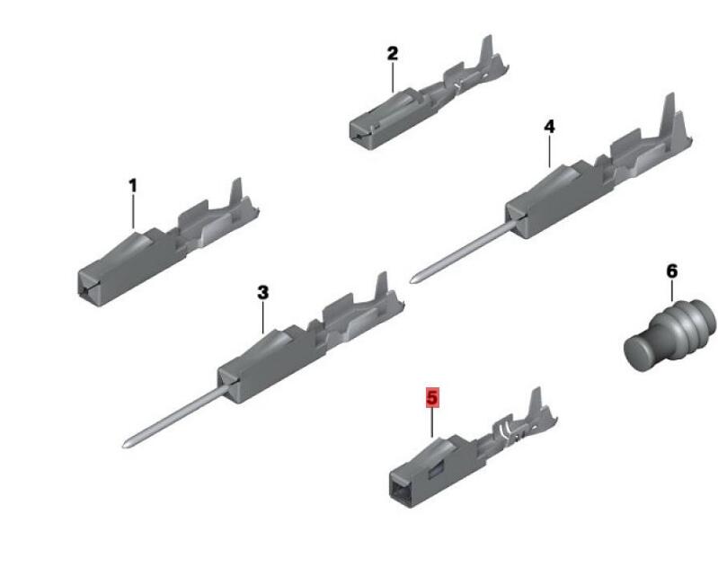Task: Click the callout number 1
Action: click(133, 186)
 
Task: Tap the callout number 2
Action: click(393, 54)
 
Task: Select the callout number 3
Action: click(262, 292)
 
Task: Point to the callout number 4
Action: click(549, 127)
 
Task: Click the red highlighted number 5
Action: click(432, 397)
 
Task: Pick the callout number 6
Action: click(672, 271)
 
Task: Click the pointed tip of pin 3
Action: click(125, 445)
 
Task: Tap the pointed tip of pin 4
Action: click(412, 279)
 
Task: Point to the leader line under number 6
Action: click(672, 290)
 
